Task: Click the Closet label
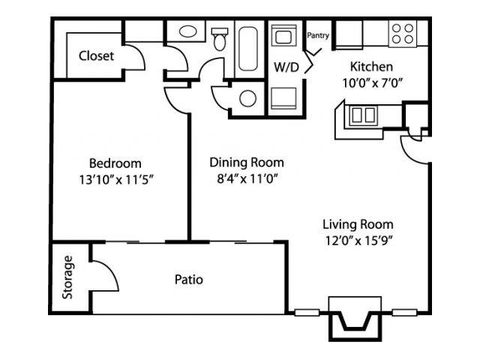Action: pos(97,55)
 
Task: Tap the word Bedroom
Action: pos(115,163)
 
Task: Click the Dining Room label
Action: pos(247,162)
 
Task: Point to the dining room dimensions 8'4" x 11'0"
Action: pos(247,178)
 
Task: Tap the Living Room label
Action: pos(358,224)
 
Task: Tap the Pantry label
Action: pos(318,34)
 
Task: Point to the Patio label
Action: pos(189,280)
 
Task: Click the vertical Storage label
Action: pos(68,278)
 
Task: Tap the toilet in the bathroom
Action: pos(220,39)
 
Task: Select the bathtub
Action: pos(247,49)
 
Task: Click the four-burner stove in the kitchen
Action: pos(403,33)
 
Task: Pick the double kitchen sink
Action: pos(364,115)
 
